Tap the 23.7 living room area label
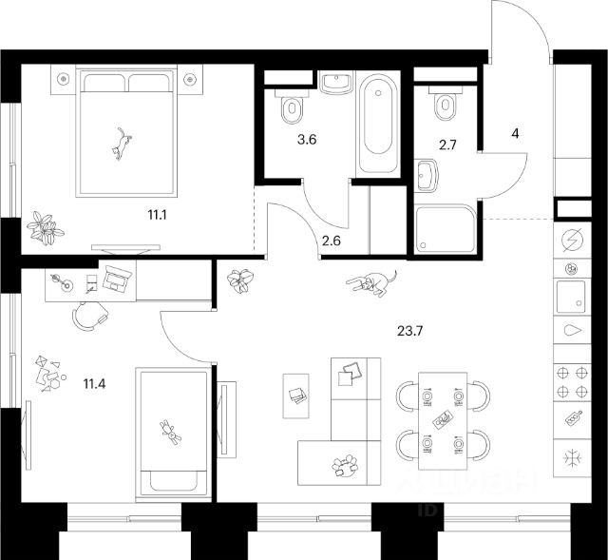(x=409, y=332)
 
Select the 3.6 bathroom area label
(x=305, y=139)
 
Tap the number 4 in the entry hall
(x=515, y=133)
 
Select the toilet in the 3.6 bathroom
(x=290, y=108)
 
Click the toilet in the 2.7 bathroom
(x=443, y=105)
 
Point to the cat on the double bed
(x=121, y=144)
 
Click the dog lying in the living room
(x=369, y=282)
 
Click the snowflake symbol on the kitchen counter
(x=572, y=458)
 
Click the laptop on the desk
(x=118, y=279)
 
